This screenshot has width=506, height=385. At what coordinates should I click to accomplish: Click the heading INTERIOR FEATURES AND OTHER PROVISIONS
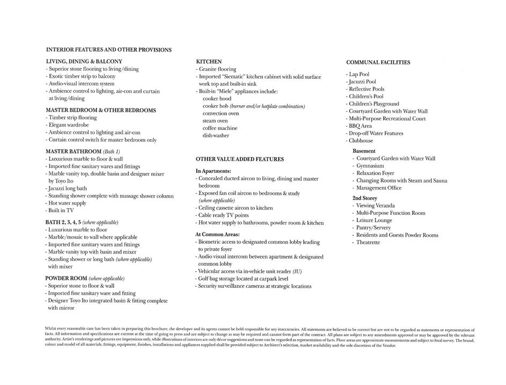pyautogui.click(x=109, y=50)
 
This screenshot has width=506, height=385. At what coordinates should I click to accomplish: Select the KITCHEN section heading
pyautogui.click(x=209, y=62)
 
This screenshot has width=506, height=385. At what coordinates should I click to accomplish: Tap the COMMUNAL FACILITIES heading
pyautogui.click(x=378, y=62)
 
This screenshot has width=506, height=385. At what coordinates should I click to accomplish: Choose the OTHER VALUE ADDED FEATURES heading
pyautogui.click(x=240, y=159)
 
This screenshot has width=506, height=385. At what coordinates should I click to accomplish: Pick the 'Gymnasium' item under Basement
pyautogui.click(x=370, y=166)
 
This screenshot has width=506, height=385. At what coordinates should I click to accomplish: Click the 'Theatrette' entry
pyautogui.click(x=368, y=242)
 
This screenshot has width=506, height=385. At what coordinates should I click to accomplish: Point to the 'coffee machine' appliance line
pyautogui.click(x=219, y=128)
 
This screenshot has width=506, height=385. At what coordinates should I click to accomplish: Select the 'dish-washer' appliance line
pyautogui.click(x=216, y=135)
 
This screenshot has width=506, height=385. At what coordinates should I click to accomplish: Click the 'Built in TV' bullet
pyautogui.click(x=61, y=211)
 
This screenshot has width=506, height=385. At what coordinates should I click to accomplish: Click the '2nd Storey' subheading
pyautogui.click(x=365, y=198)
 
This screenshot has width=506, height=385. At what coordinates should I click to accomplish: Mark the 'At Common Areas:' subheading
pyautogui.click(x=217, y=234)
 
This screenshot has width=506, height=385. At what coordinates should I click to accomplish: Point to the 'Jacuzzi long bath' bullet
pyautogui.click(x=67, y=188)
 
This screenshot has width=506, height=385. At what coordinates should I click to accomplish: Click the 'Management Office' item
pyautogui.click(x=378, y=188)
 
